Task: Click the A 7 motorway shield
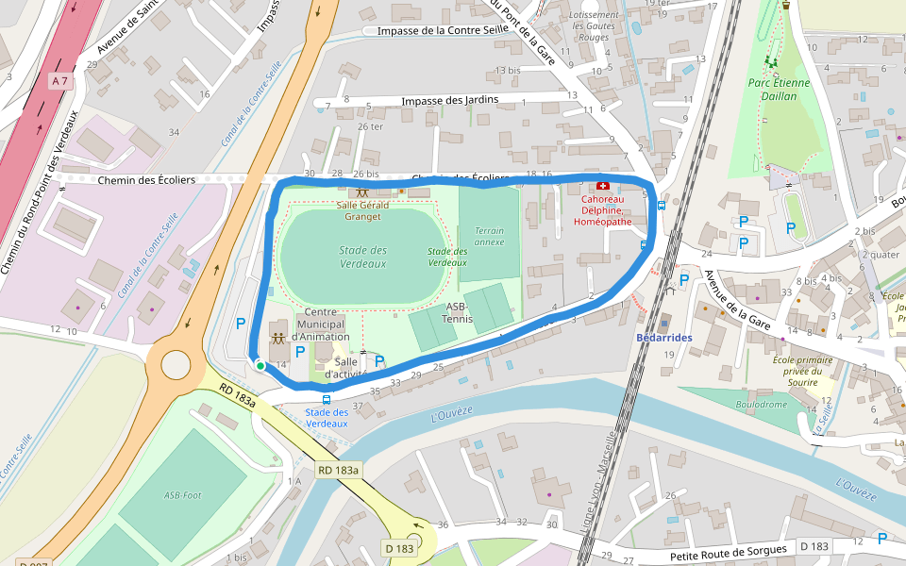(x=59, y=81)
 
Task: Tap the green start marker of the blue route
(x=260, y=365)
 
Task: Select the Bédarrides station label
(x=664, y=338)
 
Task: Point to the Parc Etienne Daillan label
(x=780, y=89)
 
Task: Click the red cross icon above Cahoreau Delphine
(x=604, y=187)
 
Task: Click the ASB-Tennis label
(x=457, y=312)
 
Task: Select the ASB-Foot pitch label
(x=182, y=494)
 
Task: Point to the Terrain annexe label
(x=489, y=236)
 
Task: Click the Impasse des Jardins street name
(x=449, y=101)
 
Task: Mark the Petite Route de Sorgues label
(x=728, y=551)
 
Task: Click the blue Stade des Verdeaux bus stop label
(x=327, y=418)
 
